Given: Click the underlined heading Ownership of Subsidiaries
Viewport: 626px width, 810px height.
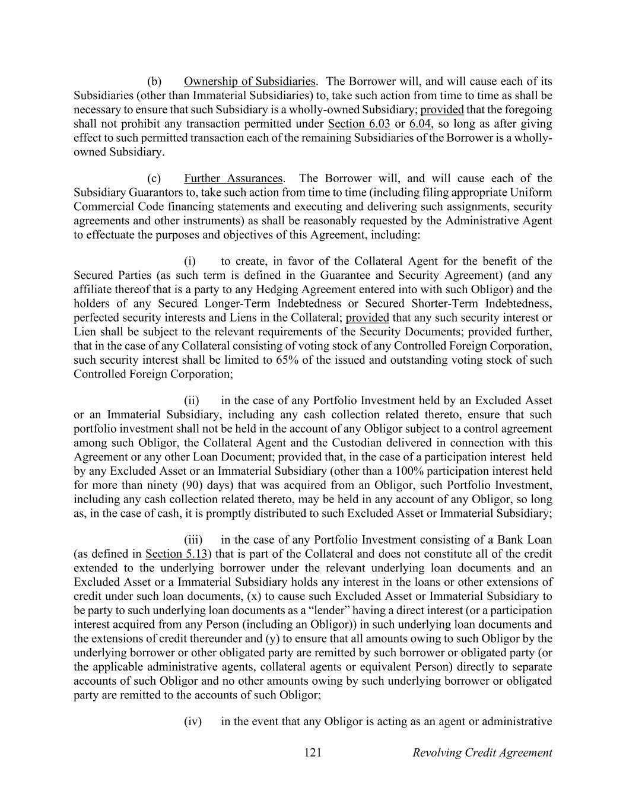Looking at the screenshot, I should (249, 81).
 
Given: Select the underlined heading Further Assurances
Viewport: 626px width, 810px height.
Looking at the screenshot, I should (233, 179).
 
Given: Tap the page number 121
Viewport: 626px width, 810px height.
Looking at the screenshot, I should (313, 753).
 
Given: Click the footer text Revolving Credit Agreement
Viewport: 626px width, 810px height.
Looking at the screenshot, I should (482, 753).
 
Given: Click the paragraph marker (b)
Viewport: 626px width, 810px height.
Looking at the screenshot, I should (154, 81).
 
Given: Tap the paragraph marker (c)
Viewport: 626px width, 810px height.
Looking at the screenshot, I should (154, 179).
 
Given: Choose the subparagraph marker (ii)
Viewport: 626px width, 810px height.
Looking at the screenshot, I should (191, 401).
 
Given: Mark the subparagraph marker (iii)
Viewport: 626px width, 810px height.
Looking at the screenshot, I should (193, 540).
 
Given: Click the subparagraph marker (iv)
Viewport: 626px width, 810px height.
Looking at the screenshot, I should (193, 722).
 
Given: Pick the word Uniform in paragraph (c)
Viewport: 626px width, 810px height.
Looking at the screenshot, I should (532, 193).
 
